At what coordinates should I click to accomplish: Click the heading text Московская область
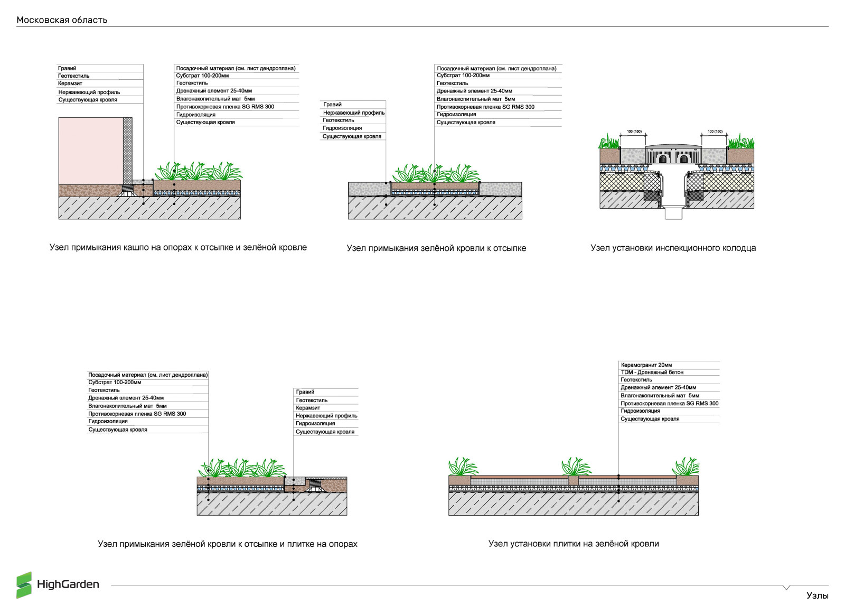pos(62,20)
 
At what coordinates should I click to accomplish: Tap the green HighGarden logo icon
pos(24,585)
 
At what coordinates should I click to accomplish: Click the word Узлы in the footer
pos(817,595)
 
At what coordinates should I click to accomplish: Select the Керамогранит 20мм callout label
pos(646,365)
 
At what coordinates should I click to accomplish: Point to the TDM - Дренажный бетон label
pos(652,372)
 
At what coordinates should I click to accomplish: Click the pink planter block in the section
pos(90,151)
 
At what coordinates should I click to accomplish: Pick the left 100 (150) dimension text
pos(633,131)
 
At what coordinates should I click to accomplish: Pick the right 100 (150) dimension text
pos(715,131)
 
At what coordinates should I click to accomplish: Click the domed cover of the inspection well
pos(673,145)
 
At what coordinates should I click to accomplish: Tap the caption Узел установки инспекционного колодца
pos(673,248)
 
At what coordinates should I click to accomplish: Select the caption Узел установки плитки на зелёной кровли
pos(574,544)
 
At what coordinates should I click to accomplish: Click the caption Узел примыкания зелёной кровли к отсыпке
pos(436,248)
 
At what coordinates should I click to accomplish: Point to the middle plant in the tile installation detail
pos(575,467)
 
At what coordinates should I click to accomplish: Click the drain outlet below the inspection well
pos(673,213)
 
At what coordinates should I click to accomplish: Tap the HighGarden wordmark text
pos(68,584)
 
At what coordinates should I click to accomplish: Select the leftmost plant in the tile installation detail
pos(462,467)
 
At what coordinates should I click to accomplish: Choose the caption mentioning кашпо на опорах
pos(178,247)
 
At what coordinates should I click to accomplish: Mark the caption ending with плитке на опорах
pos(227,544)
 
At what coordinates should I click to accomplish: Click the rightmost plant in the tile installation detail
pos(686,467)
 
